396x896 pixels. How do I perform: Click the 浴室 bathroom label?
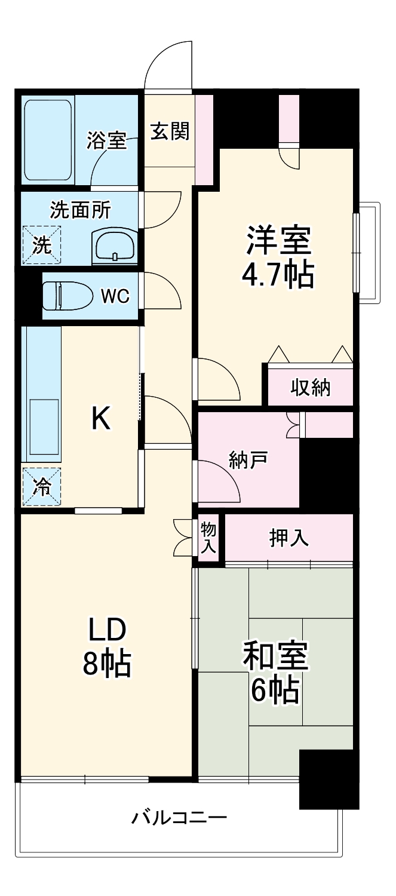pyautogui.click(x=106, y=141)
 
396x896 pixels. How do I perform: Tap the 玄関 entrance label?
pyautogui.click(x=170, y=131)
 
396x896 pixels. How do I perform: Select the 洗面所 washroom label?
pyautogui.click(x=79, y=210)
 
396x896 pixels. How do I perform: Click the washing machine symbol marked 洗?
pyautogui.click(x=42, y=245)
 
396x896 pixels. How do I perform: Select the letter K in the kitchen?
pyautogui.click(x=100, y=419)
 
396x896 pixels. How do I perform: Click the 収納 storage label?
pyautogui.click(x=311, y=388)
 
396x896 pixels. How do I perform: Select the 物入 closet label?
pyautogui.click(x=208, y=537)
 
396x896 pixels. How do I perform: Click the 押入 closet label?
pyautogui.click(x=289, y=538)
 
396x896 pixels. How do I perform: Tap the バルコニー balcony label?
pyautogui.click(x=179, y=817)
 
